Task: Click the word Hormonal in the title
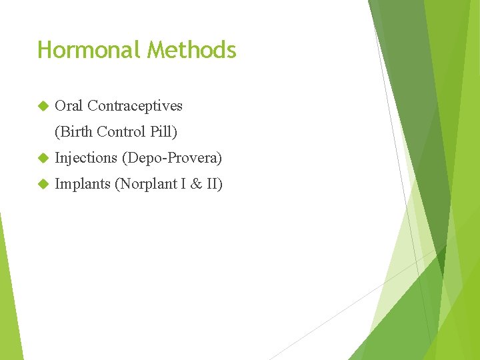click(x=90, y=50)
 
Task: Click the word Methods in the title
click(x=192, y=50)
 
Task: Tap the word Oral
click(x=69, y=105)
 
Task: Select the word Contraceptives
click(x=135, y=105)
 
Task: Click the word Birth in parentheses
click(x=75, y=132)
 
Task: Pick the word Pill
click(x=163, y=132)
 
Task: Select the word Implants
click(x=83, y=184)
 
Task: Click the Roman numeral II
click(x=213, y=184)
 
